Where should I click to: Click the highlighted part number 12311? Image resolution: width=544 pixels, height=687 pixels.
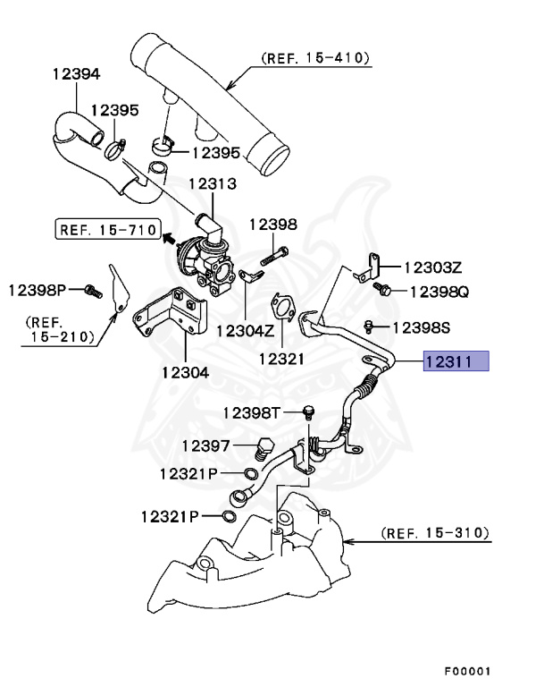[x=456, y=362]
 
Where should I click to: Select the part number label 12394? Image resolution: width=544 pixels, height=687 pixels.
[x=76, y=75]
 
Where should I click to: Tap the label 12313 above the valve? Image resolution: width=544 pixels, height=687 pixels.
[x=212, y=184]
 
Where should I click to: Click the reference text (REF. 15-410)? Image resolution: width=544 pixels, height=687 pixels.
[x=315, y=59]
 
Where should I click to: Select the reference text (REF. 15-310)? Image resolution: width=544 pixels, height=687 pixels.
[x=435, y=534]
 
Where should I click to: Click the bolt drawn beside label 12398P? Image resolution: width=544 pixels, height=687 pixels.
[x=88, y=290]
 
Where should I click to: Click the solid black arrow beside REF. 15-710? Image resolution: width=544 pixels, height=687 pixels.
[x=166, y=237]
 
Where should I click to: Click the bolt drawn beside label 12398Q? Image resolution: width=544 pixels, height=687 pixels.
[x=385, y=291]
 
